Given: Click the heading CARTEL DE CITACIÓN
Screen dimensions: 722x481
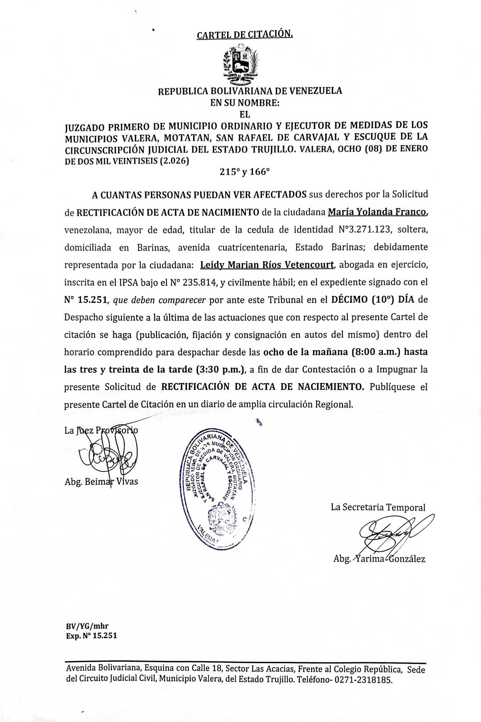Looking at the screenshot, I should click(x=245, y=34).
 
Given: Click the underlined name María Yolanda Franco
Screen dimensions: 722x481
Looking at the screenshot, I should click(x=378, y=212).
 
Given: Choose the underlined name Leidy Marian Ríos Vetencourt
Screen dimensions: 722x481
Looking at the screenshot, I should click(x=267, y=265).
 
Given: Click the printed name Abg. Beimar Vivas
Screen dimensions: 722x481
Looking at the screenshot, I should click(x=101, y=482).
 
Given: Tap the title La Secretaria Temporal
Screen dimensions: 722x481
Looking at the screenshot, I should click(x=378, y=507).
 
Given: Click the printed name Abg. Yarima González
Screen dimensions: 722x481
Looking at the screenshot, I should click(x=379, y=559).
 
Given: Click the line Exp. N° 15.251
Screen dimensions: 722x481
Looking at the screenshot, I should click(x=91, y=635).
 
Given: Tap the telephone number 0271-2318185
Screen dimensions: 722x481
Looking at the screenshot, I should click(x=364, y=681).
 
